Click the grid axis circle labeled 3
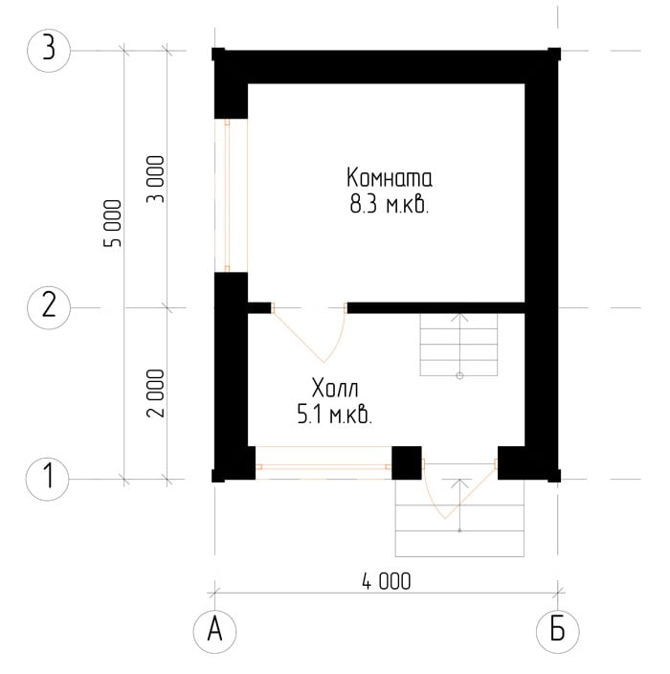49,51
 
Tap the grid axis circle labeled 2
49,307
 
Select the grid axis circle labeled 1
48,479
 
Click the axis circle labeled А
214,632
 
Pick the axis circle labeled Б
557,632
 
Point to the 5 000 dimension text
113,223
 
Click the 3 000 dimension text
156,179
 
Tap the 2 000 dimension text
156,393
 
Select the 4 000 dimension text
387,581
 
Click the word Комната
390,177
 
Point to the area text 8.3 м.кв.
390,205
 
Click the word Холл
335,389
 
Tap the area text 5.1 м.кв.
335,416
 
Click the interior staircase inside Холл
459,345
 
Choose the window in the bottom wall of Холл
324,463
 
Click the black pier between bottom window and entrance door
407,463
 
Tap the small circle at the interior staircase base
459,376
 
